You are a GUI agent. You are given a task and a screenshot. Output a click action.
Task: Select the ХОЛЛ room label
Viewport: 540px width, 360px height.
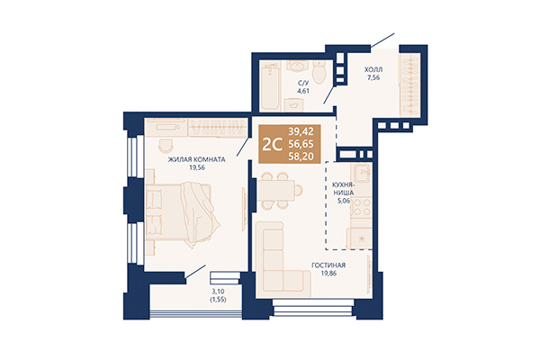click(x=372, y=69)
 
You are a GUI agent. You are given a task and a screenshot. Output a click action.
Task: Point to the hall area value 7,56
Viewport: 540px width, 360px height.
click(x=372, y=78)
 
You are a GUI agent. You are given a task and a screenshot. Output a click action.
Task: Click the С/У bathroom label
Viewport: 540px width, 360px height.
click(x=303, y=83)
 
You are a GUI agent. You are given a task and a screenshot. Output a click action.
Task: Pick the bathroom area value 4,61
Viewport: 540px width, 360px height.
click(x=303, y=91)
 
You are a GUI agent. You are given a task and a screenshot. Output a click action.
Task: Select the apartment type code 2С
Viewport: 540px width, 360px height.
click(x=268, y=143)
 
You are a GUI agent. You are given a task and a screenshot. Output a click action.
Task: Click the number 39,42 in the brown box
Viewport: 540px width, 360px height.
click(x=301, y=132)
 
